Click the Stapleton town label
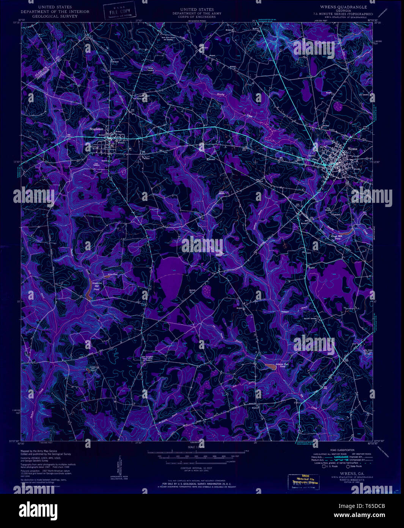pos(96,129)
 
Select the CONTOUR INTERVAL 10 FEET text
pos(196,468)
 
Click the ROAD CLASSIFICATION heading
pos(342,450)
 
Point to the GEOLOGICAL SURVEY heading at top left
pos(55,16)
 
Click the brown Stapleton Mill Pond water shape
pos(88,293)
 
